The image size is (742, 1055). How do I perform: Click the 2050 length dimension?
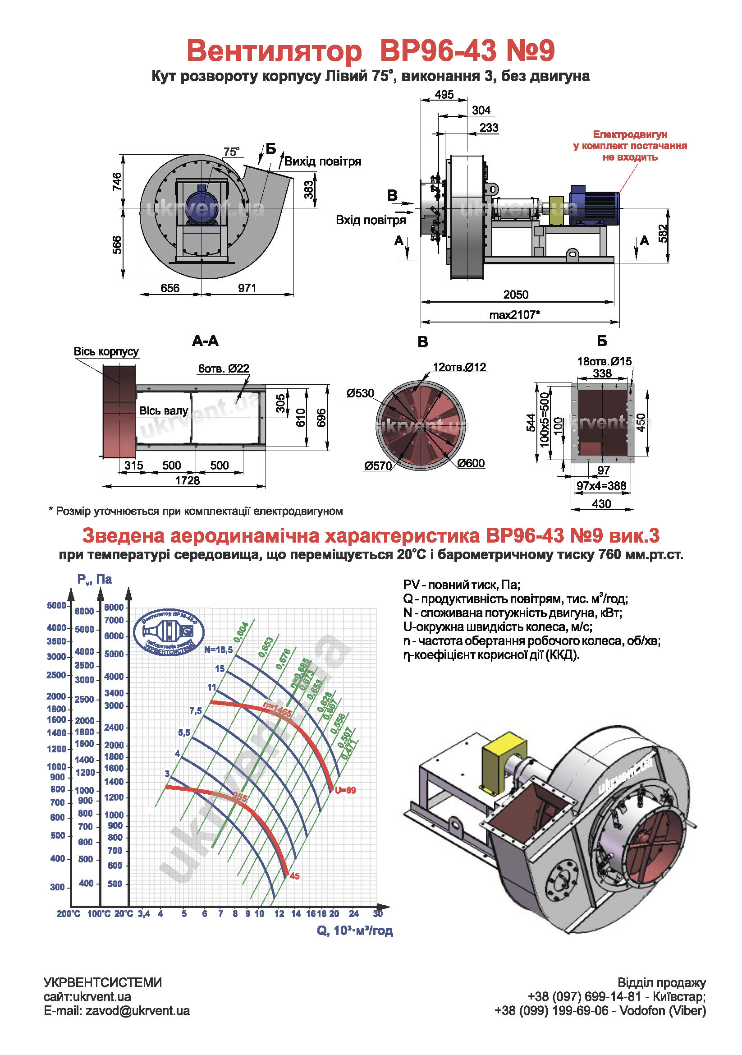coord(515,295)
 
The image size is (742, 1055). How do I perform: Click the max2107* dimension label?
coord(514,315)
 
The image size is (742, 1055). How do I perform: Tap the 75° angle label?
coord(231,152)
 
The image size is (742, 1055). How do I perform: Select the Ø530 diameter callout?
coord(360,393)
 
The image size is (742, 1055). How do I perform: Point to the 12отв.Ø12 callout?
coord(459,367)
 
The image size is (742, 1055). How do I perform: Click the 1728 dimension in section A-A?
coord(188,481)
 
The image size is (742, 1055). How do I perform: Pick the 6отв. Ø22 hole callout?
coord(224,369)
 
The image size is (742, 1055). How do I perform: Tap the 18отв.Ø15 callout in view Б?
coord(604,361)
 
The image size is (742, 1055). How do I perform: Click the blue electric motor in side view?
coord(593,205)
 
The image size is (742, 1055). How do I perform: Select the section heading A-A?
coord(205,341)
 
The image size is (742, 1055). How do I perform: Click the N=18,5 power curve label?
coord(218,650)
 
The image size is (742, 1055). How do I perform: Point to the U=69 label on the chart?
coord(345,790)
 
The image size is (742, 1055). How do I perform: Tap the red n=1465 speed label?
coord(277,709)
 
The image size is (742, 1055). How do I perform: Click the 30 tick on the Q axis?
coord(377,913)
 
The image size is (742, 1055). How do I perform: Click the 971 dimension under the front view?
coord(247,288)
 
